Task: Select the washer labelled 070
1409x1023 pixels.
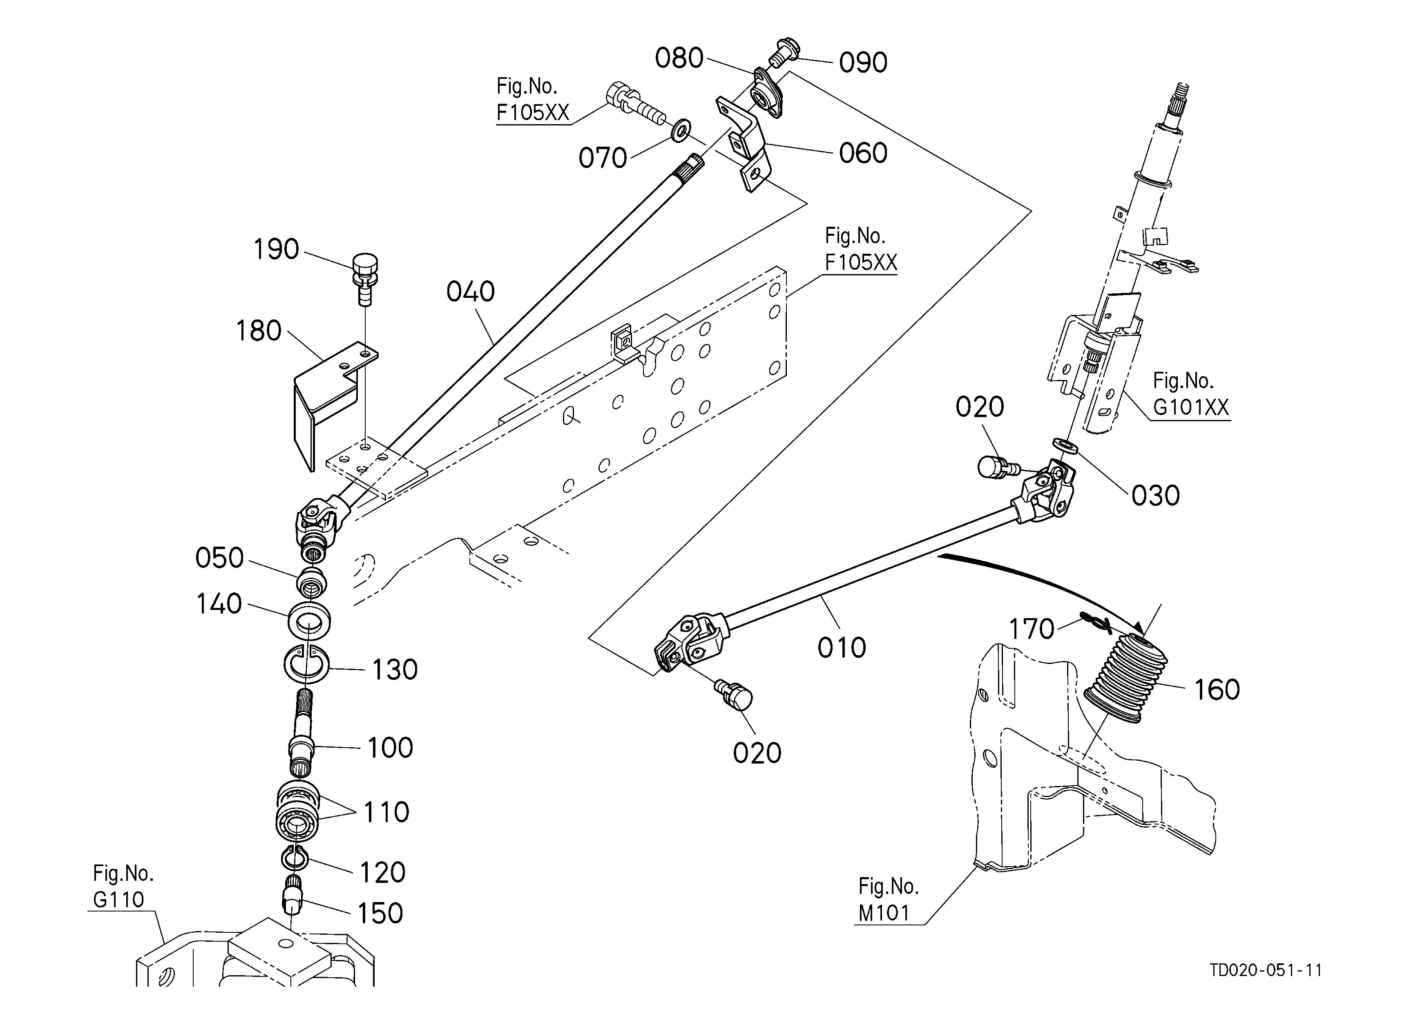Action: pos(681,131)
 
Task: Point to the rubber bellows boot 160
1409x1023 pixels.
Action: pos(1125,678)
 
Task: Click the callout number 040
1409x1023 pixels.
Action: pos(470,292)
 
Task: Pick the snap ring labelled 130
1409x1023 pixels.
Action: pos(308,665)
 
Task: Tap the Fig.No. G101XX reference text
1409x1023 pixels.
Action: pos(1190,394)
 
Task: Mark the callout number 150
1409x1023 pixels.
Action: pos(380,913)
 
